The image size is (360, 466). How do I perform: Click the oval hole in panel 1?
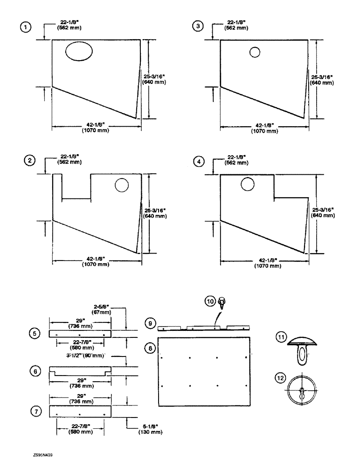78,51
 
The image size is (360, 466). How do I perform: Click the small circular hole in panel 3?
254,52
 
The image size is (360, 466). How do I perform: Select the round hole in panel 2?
121,185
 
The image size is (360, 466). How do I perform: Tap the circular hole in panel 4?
247,184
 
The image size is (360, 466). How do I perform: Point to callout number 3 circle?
199,27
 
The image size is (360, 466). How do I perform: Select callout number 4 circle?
200,161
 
